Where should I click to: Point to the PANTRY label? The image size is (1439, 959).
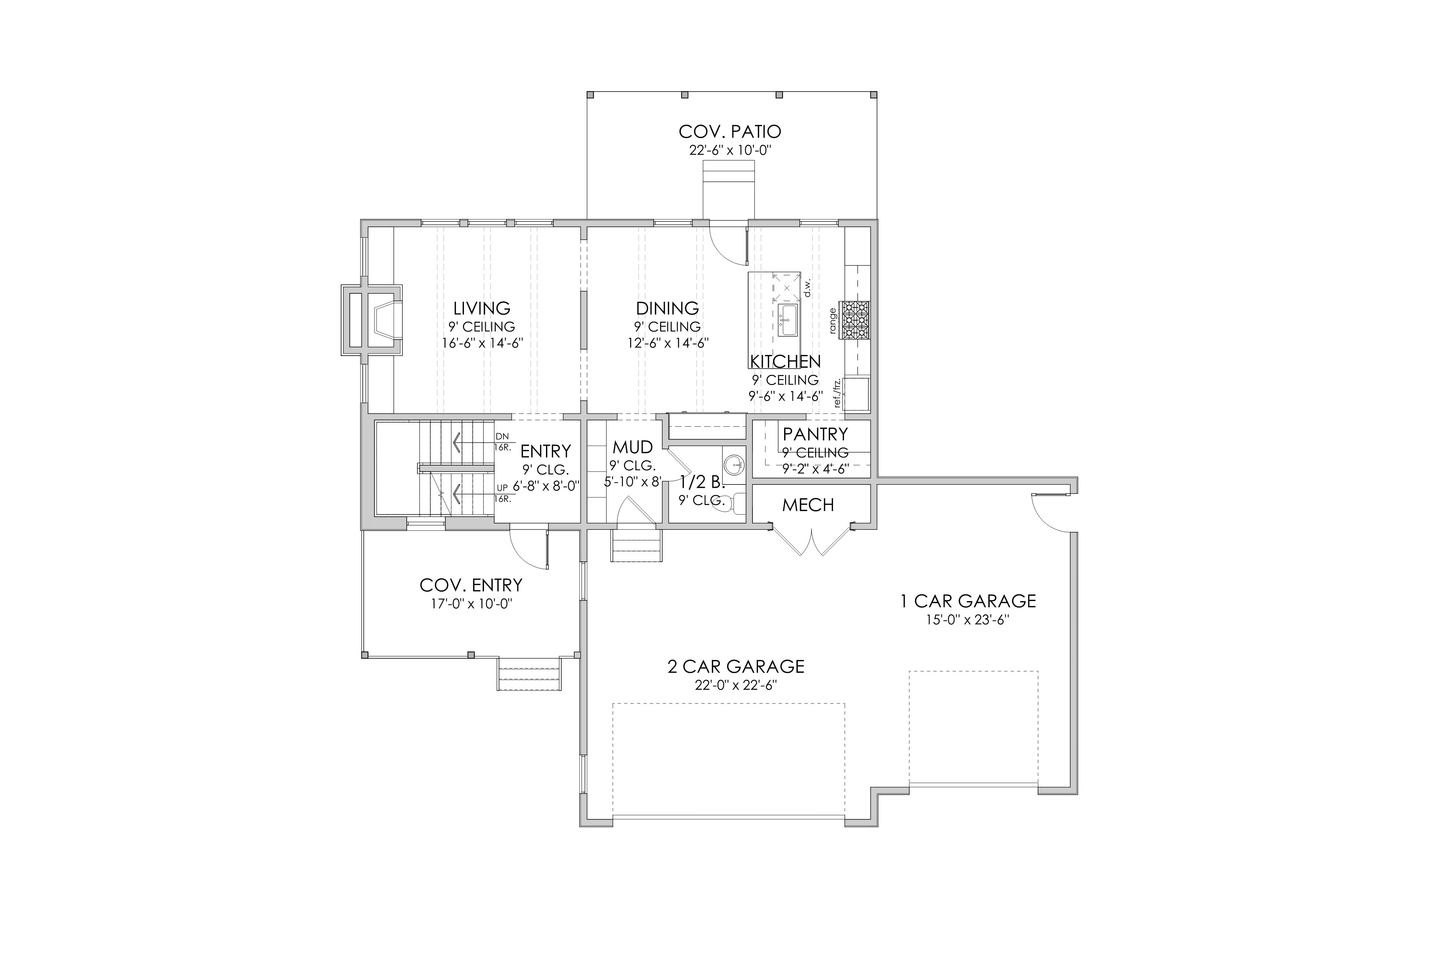tap(815, 434)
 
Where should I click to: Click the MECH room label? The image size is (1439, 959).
tap(808, 505)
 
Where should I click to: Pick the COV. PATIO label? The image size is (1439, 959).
tap(730, 132)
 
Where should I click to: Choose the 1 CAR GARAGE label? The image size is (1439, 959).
tap(968, 601)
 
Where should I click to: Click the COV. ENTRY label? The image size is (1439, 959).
tap(471, 585)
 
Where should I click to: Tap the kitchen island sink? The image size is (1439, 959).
tap(787, 320)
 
